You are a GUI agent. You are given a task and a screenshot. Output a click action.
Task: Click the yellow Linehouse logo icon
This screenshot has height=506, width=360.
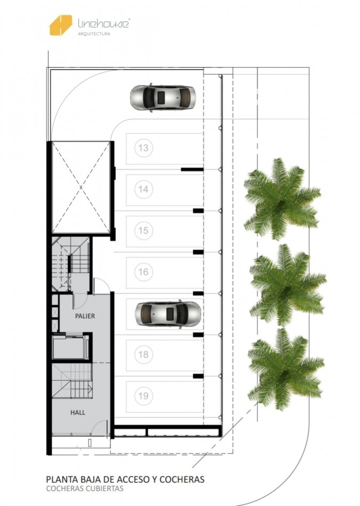pos(61,25)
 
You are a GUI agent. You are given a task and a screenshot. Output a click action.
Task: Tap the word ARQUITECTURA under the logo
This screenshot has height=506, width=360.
pos(94,34)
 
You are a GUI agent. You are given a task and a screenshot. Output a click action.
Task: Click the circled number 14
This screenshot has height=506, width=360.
pos(143,189)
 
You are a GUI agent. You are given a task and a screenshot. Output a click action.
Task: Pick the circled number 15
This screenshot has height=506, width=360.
pos(143,231)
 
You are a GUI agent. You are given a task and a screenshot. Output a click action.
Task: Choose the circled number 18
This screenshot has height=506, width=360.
pos(143,354)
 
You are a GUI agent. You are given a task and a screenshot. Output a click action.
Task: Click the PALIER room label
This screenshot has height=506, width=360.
pos(85,316)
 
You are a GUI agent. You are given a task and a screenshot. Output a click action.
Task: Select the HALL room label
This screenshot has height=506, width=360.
pos(78,412)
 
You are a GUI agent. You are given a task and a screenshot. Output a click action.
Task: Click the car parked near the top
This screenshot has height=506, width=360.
pos(163,97)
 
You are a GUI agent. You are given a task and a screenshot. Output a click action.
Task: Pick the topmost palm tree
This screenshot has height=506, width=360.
pos(282,199)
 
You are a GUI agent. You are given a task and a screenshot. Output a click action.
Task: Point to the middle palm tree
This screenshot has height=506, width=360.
pos(287,284)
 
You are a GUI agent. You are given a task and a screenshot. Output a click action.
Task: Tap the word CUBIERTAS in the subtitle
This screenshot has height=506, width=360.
pos(104,488)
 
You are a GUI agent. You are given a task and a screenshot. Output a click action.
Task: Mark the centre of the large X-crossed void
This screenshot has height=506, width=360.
pos(80,187)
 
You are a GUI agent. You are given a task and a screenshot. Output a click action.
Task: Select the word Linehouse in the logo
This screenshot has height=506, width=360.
pos(103,23)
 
